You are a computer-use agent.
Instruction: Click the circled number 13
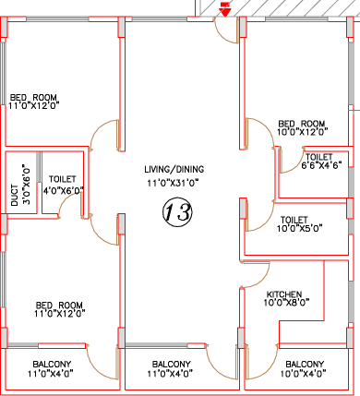177,212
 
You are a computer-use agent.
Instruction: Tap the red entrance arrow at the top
225,9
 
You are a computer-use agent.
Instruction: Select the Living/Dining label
174,169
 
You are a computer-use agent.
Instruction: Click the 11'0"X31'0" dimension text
173,183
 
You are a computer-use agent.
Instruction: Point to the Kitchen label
284,294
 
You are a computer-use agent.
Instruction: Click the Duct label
14,196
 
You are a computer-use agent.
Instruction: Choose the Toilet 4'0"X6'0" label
63,185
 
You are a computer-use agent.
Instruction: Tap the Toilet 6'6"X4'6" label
321,161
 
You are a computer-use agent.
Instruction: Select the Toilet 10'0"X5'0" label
299,224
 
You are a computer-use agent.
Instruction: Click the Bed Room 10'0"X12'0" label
302,127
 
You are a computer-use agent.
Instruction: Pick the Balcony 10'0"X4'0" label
304,369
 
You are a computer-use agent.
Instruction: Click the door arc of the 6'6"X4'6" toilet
296,165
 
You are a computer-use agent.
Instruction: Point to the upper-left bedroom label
34,102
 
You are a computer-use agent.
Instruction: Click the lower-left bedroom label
60,309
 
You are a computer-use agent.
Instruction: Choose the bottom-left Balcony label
51,369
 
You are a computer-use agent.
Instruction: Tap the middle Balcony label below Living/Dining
171,369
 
